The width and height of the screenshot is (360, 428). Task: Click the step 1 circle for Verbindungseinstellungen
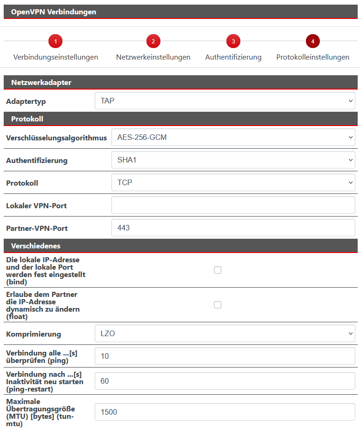[55, 42]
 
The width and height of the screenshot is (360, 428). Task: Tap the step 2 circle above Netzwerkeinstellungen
[153, 42]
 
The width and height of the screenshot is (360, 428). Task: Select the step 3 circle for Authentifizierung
[233, 42]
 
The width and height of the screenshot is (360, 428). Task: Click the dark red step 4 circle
[313, 42]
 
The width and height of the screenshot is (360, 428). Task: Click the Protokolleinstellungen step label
[312, 57]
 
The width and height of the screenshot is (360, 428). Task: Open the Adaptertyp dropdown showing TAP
[225, 101]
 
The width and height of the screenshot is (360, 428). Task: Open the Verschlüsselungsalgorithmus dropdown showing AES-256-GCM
[233, 137]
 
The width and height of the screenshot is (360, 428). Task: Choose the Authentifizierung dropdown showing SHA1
[233, 160]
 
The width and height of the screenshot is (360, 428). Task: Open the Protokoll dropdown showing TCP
[233, 182]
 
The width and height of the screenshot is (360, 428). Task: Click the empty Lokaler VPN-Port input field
[233, 205]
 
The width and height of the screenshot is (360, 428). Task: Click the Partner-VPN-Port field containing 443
[233, 228]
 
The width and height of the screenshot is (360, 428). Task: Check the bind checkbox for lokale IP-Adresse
[218, 270]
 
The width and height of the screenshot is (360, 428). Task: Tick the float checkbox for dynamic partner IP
[218, 305]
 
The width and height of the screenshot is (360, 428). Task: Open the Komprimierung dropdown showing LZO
[225, 333]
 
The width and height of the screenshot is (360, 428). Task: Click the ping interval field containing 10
[225, 356]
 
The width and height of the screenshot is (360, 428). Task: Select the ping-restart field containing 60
[225, 381]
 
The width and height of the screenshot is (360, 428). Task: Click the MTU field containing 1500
[225, 412]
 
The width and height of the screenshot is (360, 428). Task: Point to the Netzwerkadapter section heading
[41, 83]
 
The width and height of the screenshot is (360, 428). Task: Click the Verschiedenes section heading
[36, 246]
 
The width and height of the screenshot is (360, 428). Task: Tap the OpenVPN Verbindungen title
[54, 12]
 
